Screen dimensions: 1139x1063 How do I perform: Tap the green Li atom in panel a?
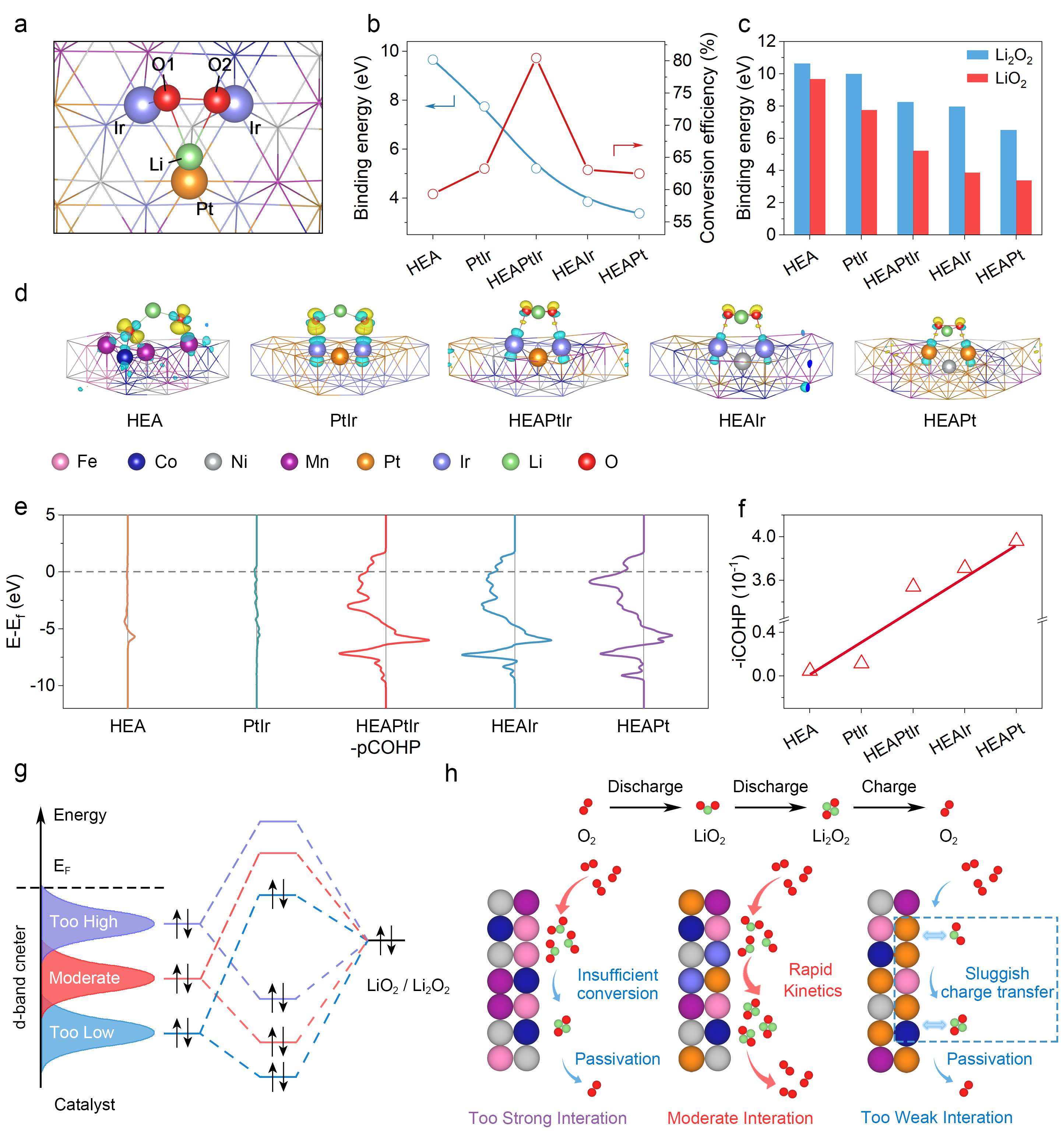189,156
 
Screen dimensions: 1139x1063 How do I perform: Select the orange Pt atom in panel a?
189,181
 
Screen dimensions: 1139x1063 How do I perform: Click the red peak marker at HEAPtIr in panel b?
536,59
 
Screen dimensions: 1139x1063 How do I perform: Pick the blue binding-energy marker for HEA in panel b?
433,60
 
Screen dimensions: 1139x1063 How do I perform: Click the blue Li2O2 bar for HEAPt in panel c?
1008,182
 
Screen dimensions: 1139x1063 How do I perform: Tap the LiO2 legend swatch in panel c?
977,78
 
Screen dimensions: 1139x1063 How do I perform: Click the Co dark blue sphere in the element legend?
136,462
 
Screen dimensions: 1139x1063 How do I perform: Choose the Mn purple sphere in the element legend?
289,462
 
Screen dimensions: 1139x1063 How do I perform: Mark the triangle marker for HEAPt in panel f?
1016,540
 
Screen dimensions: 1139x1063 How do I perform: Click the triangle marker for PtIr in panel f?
861,662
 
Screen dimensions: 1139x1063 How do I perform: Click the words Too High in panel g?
84,921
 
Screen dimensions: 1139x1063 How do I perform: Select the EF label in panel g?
62,866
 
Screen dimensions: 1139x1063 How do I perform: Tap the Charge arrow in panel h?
889,807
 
